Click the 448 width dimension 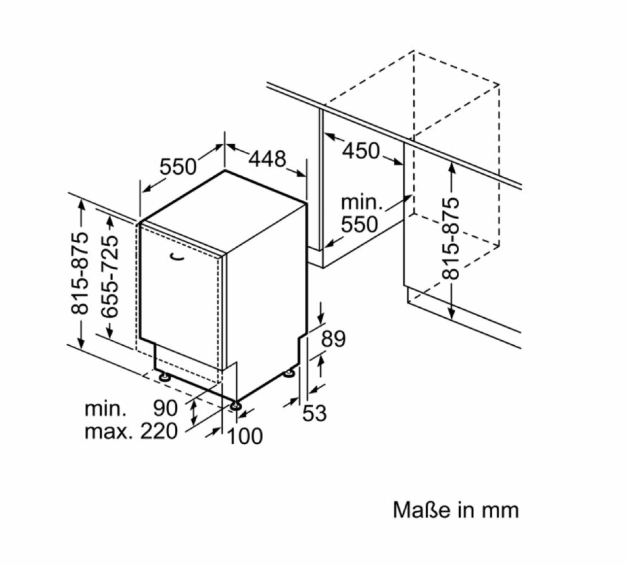(x=267, y=159)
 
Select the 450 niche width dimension (x=361, y=151)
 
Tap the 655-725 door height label (x=111, y=277)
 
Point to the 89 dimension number (x=333, y=339)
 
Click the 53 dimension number (x=315, y=413)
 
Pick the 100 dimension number (x=245, y=436)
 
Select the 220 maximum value (x=159, y=432)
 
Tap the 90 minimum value (x=165, y=408)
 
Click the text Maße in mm (x=455, y=510)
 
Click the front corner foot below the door (x=235, y=405)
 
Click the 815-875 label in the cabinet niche (x=451, y=238)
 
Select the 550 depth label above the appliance (x=178, y=167)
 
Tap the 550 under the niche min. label (x=359, y=224)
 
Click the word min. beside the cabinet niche (x=362, y=202)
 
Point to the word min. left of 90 (x=105, y=408)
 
